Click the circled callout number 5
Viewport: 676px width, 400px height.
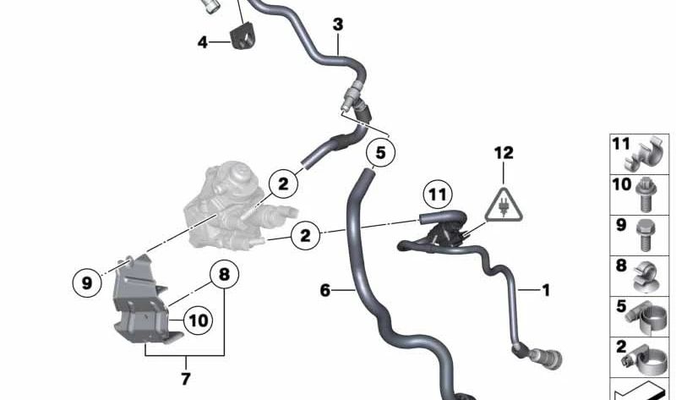point(380,152)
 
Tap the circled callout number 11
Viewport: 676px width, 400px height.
point(438,195)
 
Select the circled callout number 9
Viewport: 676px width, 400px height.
point(87,283)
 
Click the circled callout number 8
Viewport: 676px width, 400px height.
point(224,274)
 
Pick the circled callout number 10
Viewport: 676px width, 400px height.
point(199,321)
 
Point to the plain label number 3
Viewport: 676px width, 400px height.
point(338,25)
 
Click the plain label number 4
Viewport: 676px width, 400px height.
point(203,42)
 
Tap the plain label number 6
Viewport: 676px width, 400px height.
point(325,290)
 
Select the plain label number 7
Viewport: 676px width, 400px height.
point(186,379)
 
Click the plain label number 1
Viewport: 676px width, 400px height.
point(546,290)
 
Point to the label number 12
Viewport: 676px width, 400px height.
point(504,153)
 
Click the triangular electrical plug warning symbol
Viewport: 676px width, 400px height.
point(504,205)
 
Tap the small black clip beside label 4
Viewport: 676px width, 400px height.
point(244,37)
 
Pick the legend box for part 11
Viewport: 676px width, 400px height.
point(640,154)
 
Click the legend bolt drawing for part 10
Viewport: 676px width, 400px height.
point(646,195)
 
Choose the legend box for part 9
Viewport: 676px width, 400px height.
point(640,235)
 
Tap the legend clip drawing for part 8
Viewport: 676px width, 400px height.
point(646,277)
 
